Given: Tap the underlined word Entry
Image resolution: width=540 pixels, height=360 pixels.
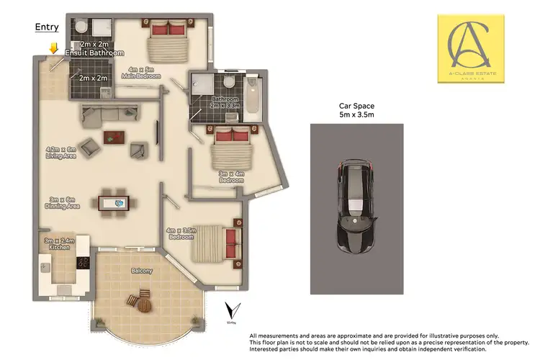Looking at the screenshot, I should tap(47, 27).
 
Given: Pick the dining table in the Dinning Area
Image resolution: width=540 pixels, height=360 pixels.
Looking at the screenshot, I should tap(114, 202).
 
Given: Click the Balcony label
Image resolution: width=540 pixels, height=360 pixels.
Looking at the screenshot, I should tap(141, 271).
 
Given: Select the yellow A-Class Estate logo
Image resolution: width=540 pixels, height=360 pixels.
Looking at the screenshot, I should tap(477, 48).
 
